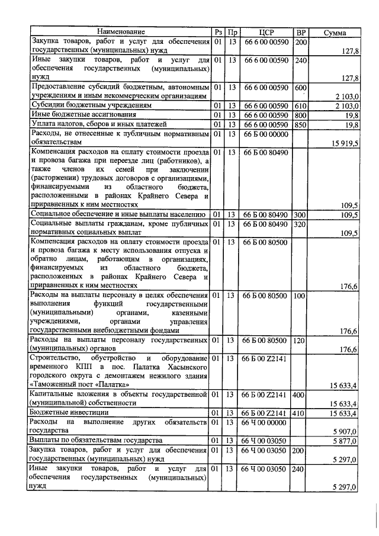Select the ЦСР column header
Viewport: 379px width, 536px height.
265,32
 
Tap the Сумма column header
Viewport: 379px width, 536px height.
335,32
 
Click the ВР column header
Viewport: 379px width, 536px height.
301,32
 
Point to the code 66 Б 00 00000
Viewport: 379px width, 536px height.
265,134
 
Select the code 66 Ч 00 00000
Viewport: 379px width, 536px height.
265,422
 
